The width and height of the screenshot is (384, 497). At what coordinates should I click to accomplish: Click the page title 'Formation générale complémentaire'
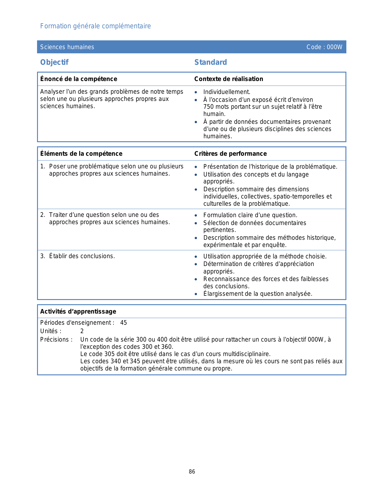[95, 26]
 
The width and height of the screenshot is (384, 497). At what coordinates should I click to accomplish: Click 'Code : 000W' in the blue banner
[324, 47]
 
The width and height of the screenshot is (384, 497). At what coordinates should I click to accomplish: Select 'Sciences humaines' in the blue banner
[67, 47]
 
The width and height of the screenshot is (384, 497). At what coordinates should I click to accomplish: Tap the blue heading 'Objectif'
[55, 62]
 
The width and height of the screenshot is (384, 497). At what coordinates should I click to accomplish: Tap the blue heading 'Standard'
[211, 62]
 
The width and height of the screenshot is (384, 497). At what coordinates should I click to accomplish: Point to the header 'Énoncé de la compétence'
[79, 79]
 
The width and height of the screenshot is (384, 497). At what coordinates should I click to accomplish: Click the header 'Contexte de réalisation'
[229, 79]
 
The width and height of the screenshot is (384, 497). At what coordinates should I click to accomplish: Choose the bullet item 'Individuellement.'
[226, 92]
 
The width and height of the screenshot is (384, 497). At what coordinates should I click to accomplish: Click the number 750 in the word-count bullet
[208, 107]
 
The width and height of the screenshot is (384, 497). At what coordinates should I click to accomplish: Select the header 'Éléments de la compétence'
[81, 154]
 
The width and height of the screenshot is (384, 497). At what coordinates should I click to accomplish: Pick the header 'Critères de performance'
[230, 154]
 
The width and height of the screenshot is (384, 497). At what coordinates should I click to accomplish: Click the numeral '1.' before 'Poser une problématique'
[43, 166]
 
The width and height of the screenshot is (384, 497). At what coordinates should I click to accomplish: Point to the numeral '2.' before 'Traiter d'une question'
[43, 215]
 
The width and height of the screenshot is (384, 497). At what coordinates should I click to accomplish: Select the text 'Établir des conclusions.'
[82, 256]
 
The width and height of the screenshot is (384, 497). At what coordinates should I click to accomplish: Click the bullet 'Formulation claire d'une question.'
[250, 215]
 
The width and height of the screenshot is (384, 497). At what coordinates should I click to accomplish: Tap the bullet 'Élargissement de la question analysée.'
[258, 294]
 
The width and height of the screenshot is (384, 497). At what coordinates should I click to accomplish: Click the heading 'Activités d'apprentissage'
[78, 311]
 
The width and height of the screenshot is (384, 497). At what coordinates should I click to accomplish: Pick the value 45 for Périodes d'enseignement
[123, 323]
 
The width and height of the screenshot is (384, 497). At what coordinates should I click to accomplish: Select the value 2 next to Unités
[82, 331]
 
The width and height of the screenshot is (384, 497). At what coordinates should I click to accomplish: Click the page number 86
[192, 472]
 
